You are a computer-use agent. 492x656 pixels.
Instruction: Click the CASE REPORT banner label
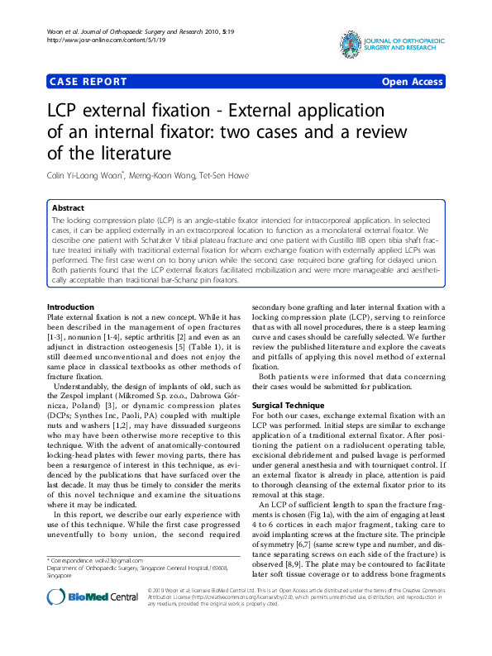click(88, 82)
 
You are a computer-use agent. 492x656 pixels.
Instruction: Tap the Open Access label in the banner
click(412, 82)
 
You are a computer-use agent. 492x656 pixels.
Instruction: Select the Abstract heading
click(68, 208)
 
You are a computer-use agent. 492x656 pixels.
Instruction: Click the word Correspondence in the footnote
click(79, 560)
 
